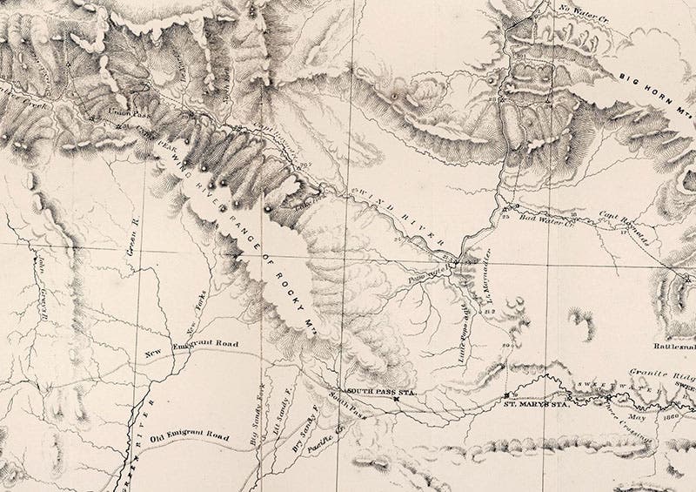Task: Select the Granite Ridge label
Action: (x=666, y=370)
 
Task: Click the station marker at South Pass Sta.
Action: (x=397, y=401)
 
